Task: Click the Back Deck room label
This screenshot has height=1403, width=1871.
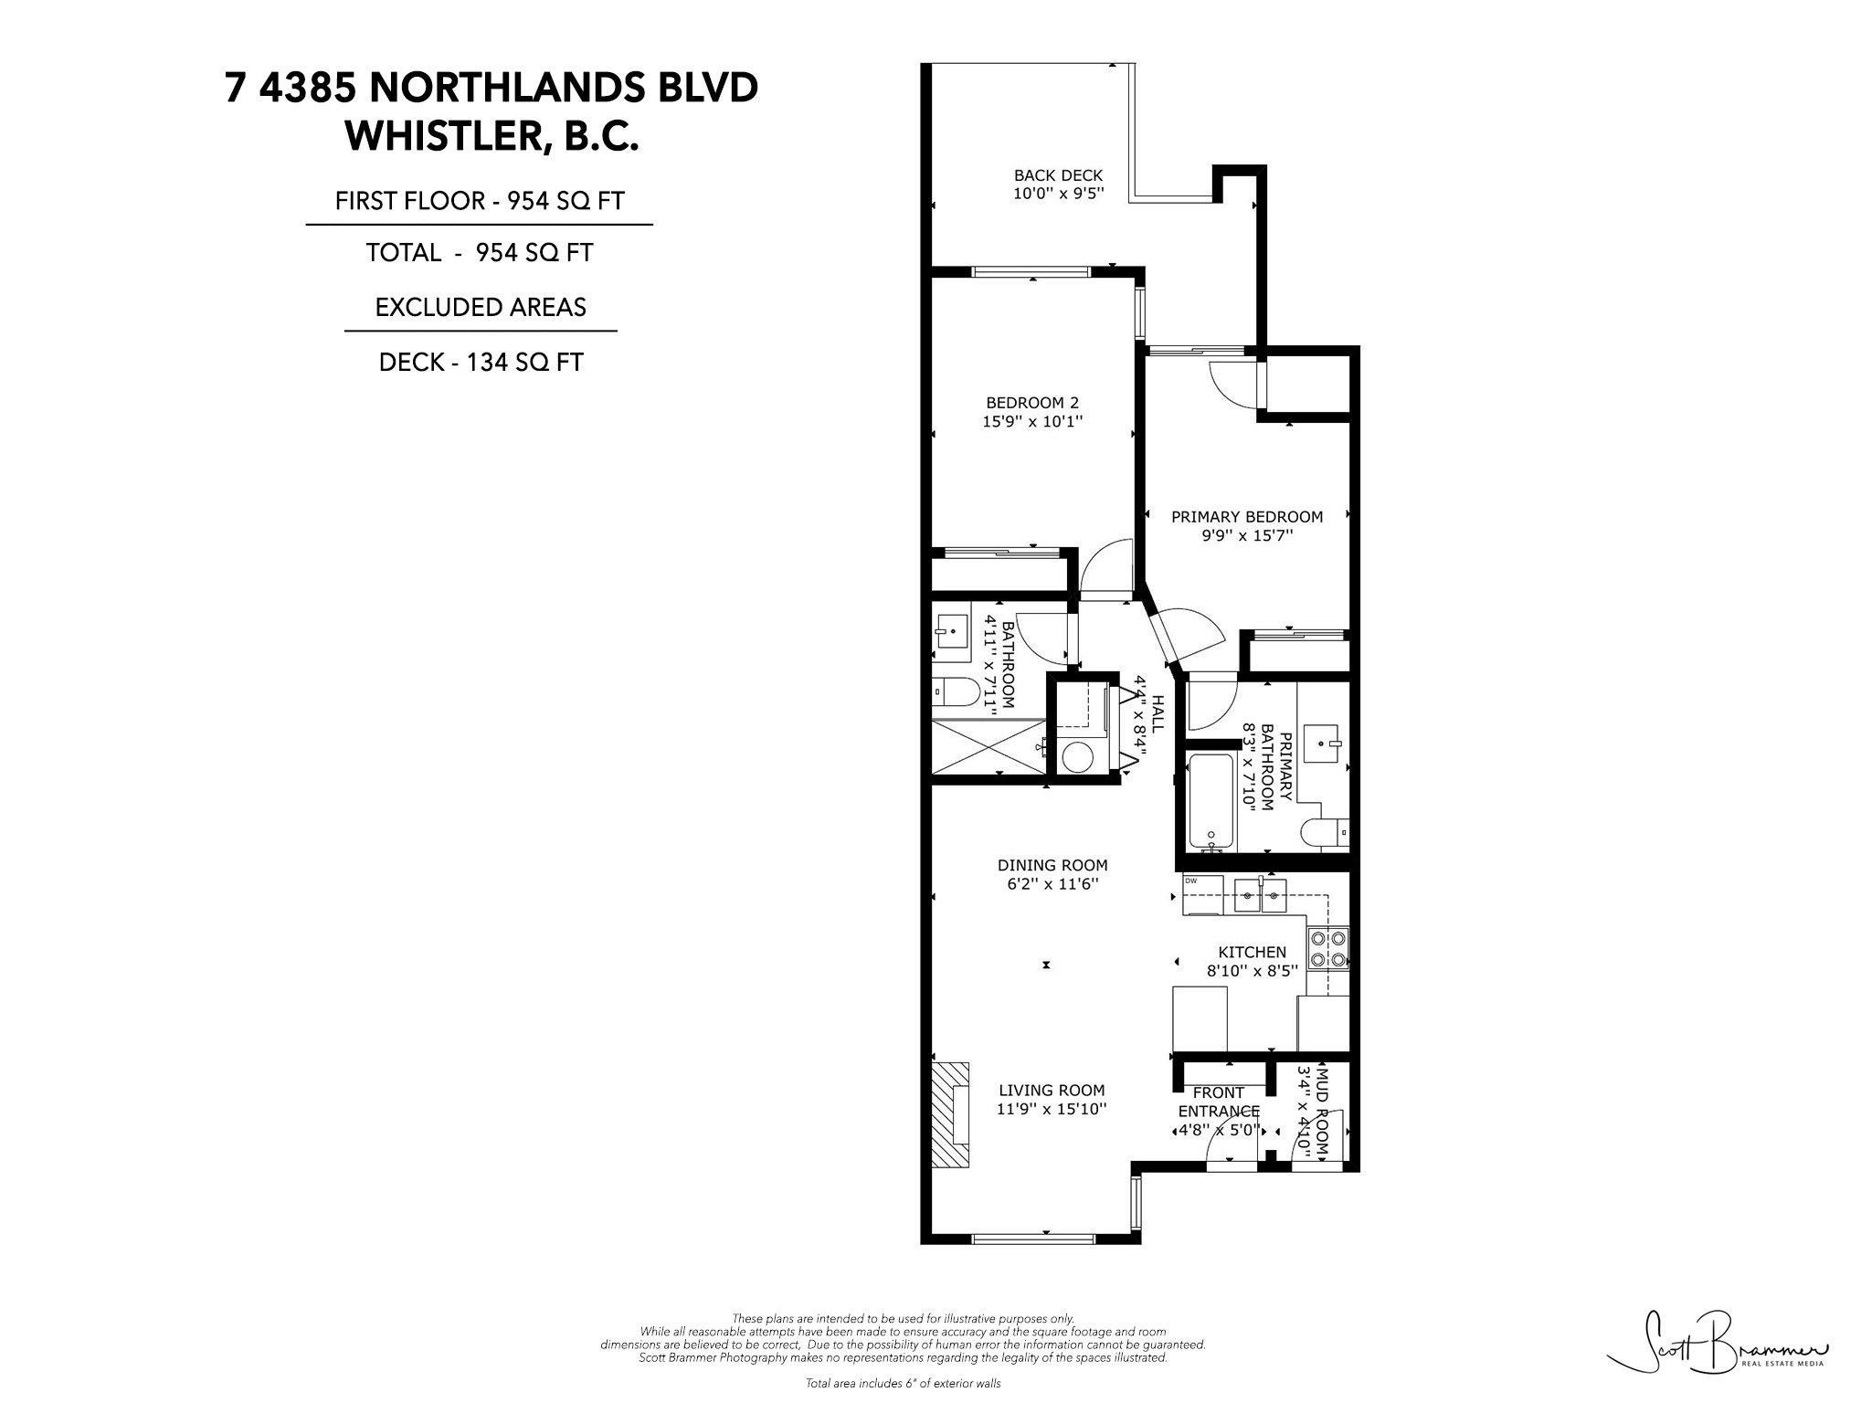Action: point(1058,175)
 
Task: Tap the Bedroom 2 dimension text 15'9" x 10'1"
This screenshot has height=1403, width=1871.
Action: point(1032,422)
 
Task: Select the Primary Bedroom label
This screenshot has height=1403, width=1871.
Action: point(1247,517)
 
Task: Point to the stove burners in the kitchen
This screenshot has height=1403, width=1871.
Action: point(1328,948)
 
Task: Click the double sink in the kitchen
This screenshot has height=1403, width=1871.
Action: point(1261,897)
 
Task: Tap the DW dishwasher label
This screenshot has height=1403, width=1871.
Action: point(1190,881)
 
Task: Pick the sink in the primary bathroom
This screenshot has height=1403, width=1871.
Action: point(1322,744)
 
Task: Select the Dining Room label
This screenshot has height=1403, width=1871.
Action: point(1052,865)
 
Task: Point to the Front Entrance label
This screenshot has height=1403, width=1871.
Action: point(1219,1102)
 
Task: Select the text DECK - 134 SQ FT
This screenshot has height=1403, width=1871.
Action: point(481,363)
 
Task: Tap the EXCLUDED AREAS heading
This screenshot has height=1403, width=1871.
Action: point(481,307)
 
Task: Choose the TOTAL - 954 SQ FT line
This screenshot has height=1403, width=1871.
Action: point(481,252)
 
